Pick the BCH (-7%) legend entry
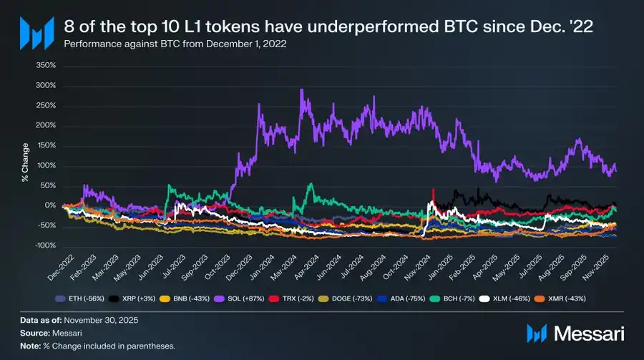tap(454, 296)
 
